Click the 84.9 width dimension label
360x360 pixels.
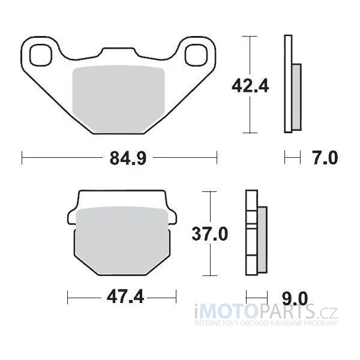coord(128,158)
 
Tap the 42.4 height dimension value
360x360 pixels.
coord(250,86)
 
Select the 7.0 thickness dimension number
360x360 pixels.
coord(325,158)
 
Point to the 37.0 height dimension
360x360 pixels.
coord(210,233)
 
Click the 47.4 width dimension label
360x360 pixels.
coord(125,296)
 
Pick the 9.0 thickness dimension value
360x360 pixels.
coord(295,298)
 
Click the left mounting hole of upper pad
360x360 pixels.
coord(41,55)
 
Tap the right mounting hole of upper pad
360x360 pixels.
coord(196,55)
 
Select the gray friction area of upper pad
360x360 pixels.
coord(118,99)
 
